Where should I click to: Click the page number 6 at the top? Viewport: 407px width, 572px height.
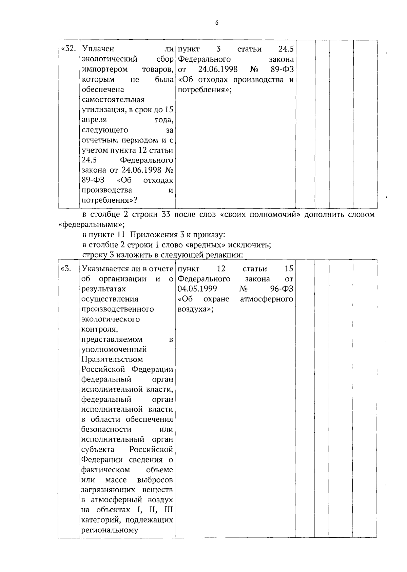tap(217, 23)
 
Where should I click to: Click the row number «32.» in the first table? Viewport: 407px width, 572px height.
tap(68, 49)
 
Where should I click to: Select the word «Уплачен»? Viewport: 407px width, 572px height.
tap(98, 49)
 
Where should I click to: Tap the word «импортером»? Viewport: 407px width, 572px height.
tap(105, 70)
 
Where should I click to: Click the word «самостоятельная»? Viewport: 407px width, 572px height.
tap(113, 100)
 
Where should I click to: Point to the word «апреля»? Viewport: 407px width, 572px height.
tap(94, 120)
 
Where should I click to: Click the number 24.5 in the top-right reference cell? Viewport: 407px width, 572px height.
tap(286, 49)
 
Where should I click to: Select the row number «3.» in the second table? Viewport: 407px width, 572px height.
tap(66, 269)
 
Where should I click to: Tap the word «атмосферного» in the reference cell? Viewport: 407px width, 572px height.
tap(266, 299)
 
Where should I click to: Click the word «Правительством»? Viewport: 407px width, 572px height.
tap(112, 359)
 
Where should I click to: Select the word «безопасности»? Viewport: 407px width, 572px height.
tap(106, 430)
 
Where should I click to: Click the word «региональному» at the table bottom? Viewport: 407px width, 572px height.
tap(110, 530)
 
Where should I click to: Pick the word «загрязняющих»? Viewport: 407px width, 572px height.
tap(108, 490)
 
